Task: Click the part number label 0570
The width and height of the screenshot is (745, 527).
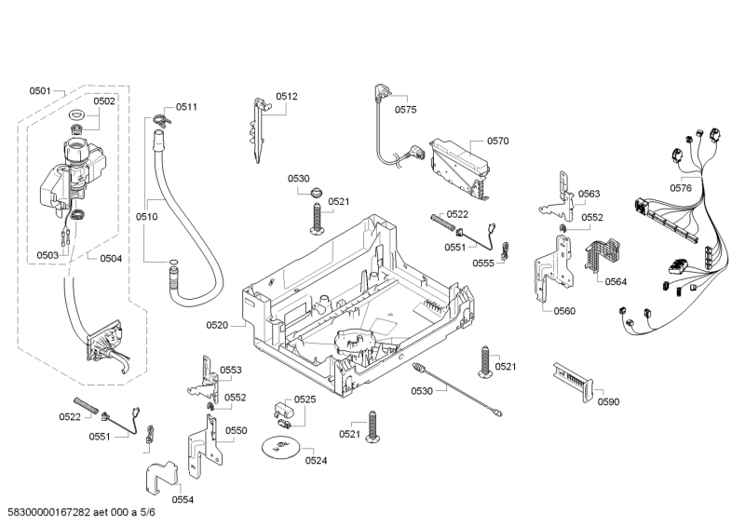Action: pyautogui.click(x=497, y=142)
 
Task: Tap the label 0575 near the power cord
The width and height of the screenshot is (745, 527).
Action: pyautogui.click(x=405, y=109)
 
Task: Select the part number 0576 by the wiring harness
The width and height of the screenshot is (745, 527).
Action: pyautogui.click(x=681, y=188)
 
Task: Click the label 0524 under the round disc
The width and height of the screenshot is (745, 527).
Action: pyautogui.click(x=316, y=460)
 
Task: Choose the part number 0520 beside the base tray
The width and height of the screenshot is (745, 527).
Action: pyautogui.click(x=216, y=325)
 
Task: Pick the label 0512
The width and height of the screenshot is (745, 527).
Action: pyautogui.click(x=287, y=96)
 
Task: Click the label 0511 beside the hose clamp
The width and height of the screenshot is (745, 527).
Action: pyautogui.click(x=187, y=107)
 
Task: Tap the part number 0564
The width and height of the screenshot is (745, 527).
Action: pyautogui.click(x=616, y=281)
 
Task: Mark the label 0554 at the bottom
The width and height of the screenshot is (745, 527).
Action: pyautogui.click(x=183, y=499)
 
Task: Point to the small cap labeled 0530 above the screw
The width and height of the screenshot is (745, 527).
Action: pyautogui.click(x=317, y=193)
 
